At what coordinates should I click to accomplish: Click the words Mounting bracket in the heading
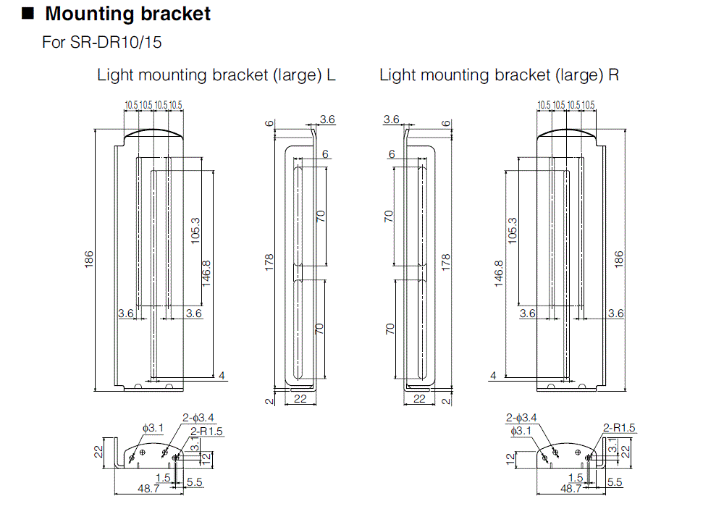point(128,14)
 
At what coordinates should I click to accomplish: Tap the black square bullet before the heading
point(28,13)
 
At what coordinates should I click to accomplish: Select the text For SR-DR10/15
point(102,42)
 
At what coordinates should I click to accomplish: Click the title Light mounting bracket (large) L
point(216,75)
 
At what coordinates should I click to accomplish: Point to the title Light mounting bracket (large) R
point(499,75)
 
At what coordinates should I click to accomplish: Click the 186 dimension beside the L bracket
point(89,259)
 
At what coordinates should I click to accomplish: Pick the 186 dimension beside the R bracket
point(619,259)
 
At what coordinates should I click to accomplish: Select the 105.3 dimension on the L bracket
point(196,231)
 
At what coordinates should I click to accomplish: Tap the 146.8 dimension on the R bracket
point(499,274)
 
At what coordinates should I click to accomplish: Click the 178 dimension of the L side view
point(270,261)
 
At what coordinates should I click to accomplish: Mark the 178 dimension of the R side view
point(446,261)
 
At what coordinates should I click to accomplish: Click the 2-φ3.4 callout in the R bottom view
point(521,418)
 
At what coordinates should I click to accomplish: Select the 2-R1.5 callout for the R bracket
point(619,428)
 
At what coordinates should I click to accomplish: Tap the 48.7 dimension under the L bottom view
point(148,489)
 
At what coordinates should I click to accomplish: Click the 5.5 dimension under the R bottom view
point(614,481)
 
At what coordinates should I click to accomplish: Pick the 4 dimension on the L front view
point(222,375)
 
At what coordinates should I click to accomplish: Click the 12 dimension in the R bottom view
point(511,458)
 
